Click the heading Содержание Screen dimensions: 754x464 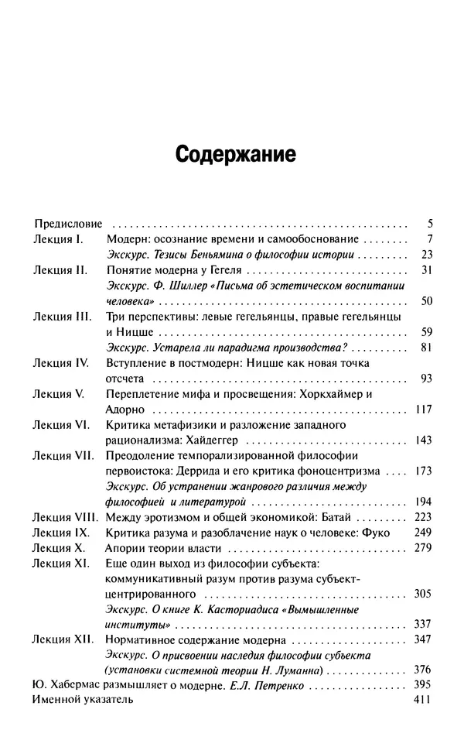(x=236, y=153)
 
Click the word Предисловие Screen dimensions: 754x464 (x=67, y=224)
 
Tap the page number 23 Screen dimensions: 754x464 (x=426, y=255)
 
